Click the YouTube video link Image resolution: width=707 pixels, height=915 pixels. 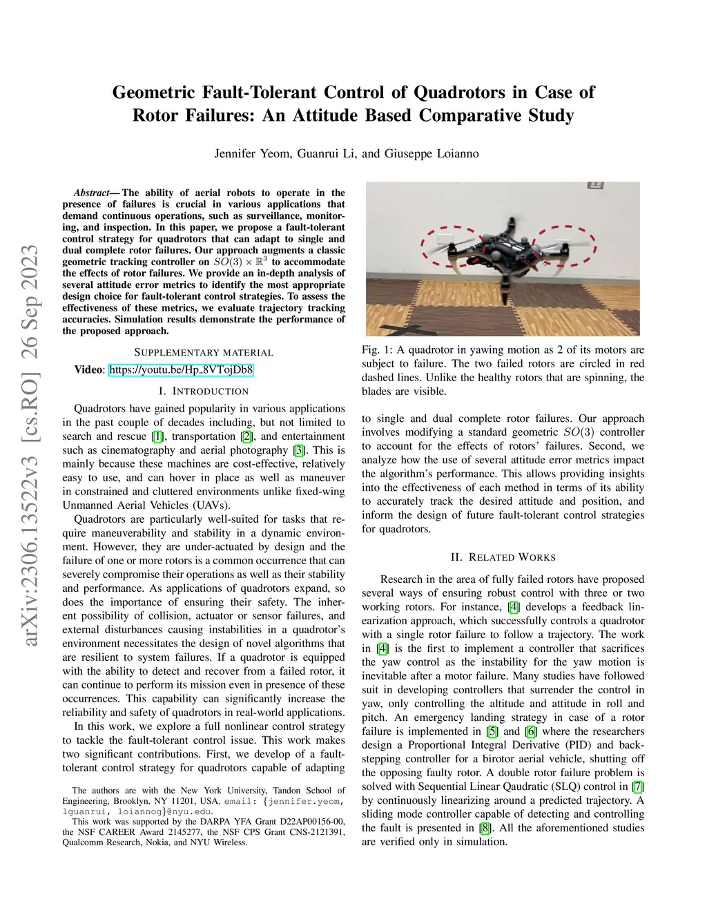coord(181,369)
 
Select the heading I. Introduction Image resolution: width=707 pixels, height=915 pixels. coord(204,391)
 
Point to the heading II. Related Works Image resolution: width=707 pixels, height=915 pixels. coord(503,557)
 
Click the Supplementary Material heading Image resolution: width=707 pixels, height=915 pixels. coord(204,352)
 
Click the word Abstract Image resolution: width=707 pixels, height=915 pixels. coord(92,193)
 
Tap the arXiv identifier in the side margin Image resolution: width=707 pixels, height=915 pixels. coord(30,445)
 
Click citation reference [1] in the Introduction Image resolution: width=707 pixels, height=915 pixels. coord(158,436)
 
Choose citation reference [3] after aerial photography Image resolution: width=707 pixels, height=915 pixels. coord(298,450)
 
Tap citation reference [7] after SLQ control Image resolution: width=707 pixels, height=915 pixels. coord(638,787)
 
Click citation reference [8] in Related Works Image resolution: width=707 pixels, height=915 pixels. coord(486,828)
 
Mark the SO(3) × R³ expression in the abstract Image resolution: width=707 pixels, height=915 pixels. coord(240,262)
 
